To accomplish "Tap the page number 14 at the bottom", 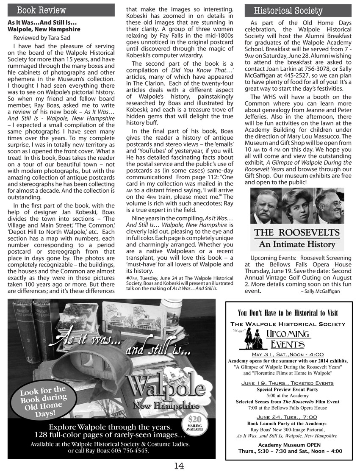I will pos(179,466).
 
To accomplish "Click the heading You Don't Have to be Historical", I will pos(288,313).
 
